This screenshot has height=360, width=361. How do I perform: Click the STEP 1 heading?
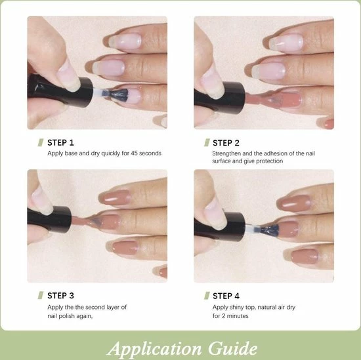point(60,142)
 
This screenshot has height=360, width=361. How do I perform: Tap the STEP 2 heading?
point(226,143)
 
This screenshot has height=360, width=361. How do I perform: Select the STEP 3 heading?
point(60,296)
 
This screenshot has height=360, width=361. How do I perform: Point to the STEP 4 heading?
point(226,296)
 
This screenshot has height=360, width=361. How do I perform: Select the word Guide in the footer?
point(233,349)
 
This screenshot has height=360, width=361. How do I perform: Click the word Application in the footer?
point(154,350)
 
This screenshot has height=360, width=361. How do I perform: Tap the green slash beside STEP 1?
point(41,142)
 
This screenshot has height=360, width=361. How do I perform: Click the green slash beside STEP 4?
point(207,296)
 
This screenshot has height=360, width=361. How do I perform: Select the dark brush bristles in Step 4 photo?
point(269,231)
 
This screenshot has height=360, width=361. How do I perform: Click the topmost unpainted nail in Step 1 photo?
point(125,41)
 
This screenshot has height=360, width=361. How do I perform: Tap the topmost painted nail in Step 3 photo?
point(115,197)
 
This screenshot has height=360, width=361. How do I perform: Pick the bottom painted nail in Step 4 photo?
point(304,256)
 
